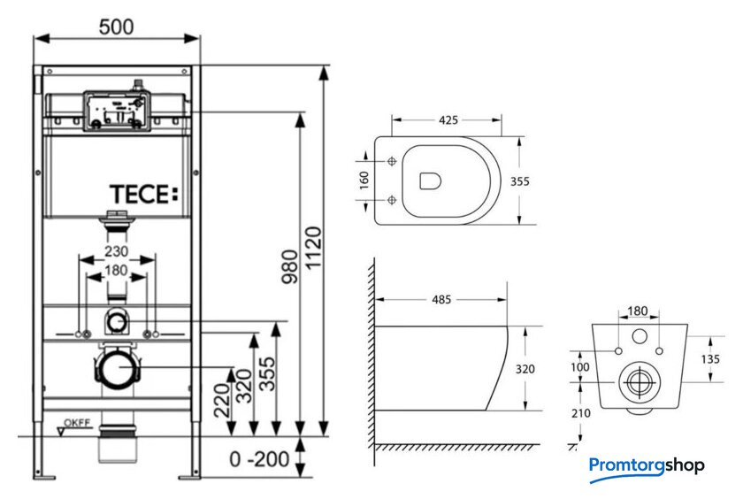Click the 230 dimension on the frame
(x=116, y=250)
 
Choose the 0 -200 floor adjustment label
(x=258, y=459)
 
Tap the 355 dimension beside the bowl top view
(x=520, y=180)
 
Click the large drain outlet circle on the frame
(x=115, y=367)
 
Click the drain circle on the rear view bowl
(x=637, y=382)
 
